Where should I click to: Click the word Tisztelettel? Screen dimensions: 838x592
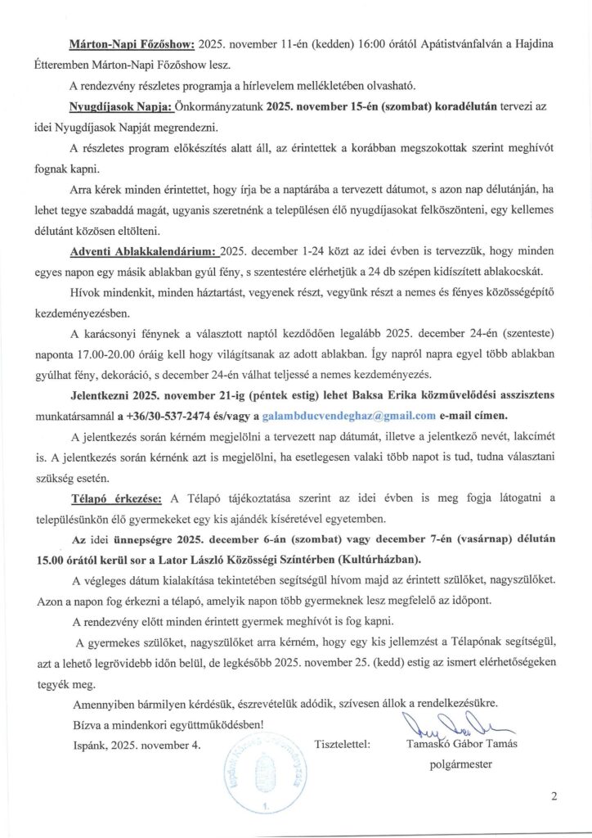click(x=343, y=744)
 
